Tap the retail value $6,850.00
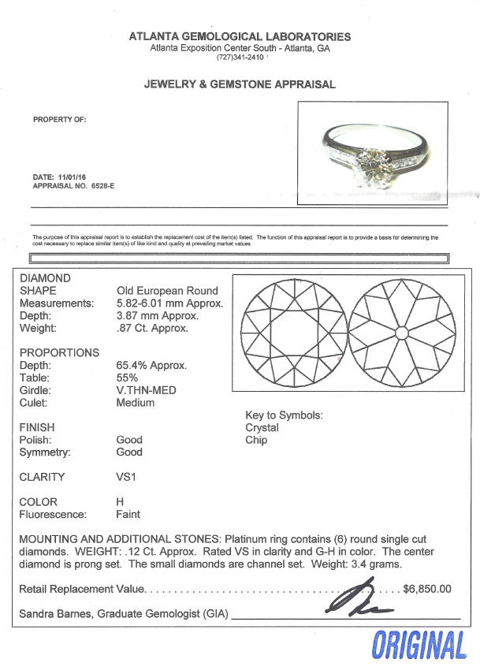[x=426, y=588]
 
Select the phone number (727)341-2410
[x=240, y=58]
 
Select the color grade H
[x=120, y=502]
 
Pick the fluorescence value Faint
[x=128, y=515]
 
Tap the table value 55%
[x=126, y=378]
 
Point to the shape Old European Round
[x=167, y=290]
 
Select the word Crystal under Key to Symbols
[x=262, y=428]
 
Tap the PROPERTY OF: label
[x=59, y=120]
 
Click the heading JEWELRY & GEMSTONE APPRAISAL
[x=240, y=84]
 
